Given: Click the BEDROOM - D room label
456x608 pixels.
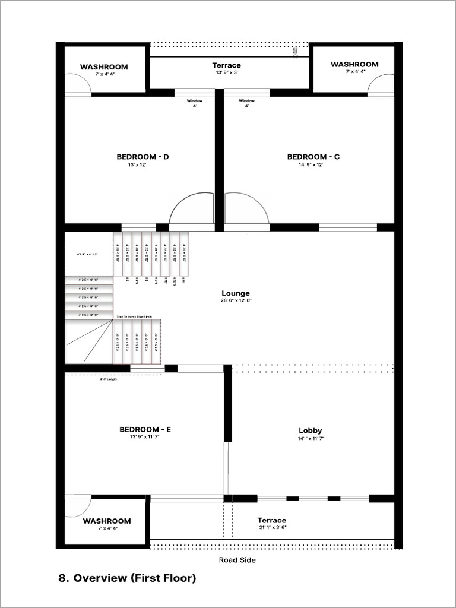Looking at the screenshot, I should pyautogui.click(x=142, y=157).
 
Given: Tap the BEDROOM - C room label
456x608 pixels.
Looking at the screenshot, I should pyautogui.click(x=313, y=157).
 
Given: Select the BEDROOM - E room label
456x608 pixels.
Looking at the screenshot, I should pyautogui.click(x=145, y=429).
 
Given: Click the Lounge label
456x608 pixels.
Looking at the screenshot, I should pyautogui.click(x=236, y=293).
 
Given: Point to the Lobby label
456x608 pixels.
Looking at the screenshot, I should pyautogui.click(x=310, y=430).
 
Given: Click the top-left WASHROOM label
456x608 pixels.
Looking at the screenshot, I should pyautogui.click(x=104, y=67).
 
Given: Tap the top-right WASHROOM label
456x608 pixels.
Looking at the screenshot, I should pyautogui.click(x=354, y=64).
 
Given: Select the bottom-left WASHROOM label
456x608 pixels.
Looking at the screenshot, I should pyautogui.click(x=107, y=521).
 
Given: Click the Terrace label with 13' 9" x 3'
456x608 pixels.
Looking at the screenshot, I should pyautogui.click(x=226, y=65).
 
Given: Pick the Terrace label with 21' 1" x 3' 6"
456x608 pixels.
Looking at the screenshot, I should pyautogui.click(x=272, y=520).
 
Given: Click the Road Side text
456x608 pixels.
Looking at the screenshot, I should pyautogui.click(x=237, y=559).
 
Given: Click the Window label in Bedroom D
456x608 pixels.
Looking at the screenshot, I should pyautogui.click(x=195, y=101).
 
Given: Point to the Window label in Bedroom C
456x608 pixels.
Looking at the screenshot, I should pyautogui.click(x=247, y=101).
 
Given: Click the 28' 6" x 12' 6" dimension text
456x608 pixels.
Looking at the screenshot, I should pyautogui.click(x=235, y=301).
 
